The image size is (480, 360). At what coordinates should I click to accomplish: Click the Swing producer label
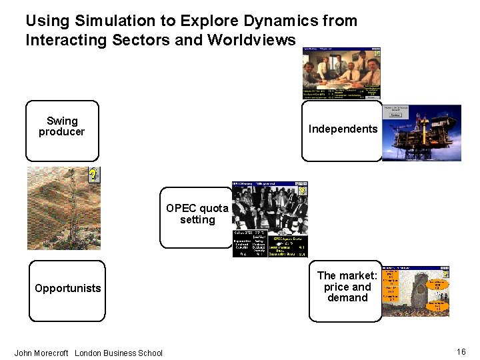(62, 127)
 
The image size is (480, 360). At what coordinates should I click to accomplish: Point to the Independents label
(343, 129)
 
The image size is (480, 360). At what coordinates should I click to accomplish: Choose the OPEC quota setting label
(197, 214)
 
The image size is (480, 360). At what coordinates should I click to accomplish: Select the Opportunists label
(68, 288)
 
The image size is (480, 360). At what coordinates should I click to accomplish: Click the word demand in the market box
(347, 298)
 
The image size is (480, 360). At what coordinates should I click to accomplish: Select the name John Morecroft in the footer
(41, 353)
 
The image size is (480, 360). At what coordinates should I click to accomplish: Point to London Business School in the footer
(119, 353)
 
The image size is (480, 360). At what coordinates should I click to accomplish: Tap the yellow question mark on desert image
(95, 175)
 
